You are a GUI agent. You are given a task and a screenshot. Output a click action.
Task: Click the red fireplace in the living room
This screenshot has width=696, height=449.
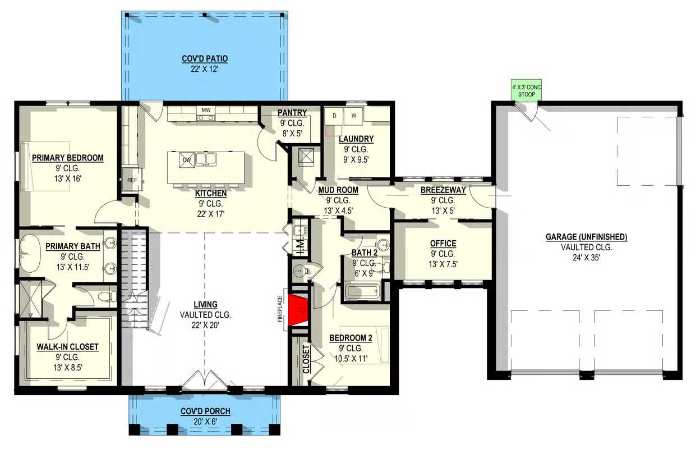pyautogui.click(x=298, y=310)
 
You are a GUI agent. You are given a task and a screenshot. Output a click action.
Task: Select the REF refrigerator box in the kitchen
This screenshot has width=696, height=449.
pyautogui.click(x=132, y=180)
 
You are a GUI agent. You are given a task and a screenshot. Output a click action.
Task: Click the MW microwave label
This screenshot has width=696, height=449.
pyautogui.click(x=206, y=110)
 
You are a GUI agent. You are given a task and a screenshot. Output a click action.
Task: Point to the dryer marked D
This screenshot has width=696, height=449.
pyautogui.click(x=334, y=116)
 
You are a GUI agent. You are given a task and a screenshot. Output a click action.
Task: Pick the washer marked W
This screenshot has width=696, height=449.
pyautogui.click(x=353, y=116)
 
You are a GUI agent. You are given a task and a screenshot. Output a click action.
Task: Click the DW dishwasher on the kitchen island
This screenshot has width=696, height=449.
pyautogui.click(x=187, y=160)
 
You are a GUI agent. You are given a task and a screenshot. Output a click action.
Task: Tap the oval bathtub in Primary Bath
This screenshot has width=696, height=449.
pyautogui.click(x=30, y=254)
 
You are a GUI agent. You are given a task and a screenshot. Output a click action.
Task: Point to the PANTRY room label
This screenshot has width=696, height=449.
pyautogui.click(x=292, y=113)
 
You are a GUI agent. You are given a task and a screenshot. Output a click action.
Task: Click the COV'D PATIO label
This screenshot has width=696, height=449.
pyautogui.click(x=205, y=59)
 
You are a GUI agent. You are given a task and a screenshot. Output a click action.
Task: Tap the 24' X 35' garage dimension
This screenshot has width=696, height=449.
pyautogui.click(x=586, y=258)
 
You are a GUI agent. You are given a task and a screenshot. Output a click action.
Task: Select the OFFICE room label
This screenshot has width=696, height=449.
pyautogui.click(x=443, y=244)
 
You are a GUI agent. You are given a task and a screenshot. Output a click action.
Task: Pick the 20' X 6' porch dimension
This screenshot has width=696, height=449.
pyautogui.click(x=205, y=421)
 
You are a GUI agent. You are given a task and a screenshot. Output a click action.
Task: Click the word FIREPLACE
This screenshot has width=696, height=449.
pyautogui.click(x=280, y=309)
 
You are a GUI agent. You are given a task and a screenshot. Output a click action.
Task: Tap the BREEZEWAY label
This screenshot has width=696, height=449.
pyautogui.click(x=443, y=190)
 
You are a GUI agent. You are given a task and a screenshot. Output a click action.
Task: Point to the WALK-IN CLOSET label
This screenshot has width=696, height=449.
pyautogui.click(x=67, y=347)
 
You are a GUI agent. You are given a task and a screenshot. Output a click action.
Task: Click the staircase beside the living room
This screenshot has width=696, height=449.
pyautogui.click(x=133, y=278)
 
